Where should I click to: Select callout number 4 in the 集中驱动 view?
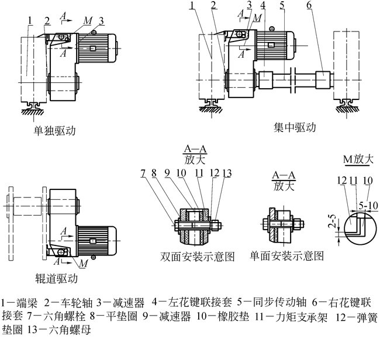264,6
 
